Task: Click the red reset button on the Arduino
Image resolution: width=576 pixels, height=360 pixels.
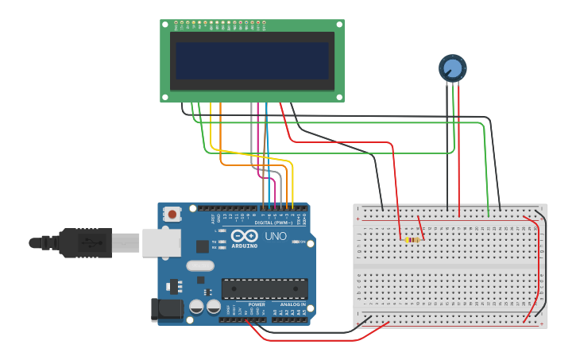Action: (x=172, y=214)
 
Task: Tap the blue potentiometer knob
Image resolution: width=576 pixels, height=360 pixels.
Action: (x=452, y=68)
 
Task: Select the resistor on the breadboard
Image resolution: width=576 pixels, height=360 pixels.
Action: (x=412, y=239)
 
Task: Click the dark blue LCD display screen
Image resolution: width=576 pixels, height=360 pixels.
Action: (x=252, y=60)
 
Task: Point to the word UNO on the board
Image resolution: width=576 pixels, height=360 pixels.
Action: (x=276, y=236)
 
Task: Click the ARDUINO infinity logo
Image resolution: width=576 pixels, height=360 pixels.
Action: (x=246, y=236)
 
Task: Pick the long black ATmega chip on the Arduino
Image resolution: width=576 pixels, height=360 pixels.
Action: (x=265, y=289)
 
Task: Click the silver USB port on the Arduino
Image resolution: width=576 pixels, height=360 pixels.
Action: (x=161, y=242)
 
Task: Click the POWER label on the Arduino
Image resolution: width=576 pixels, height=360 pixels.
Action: (x=257, y=304)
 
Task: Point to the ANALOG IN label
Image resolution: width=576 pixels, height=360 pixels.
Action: (x=292, y=304)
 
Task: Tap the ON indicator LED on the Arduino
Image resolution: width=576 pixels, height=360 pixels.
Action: (x=296, y=242)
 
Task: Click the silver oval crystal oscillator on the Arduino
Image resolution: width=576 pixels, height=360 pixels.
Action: (x=201, y=266)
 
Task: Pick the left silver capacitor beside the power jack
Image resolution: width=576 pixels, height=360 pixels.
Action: (x=196, y=306)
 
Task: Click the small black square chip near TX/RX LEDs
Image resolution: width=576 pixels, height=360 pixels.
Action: (x=203, y=246)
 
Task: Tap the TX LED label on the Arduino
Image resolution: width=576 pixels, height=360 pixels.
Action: (x=215, y=241)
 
